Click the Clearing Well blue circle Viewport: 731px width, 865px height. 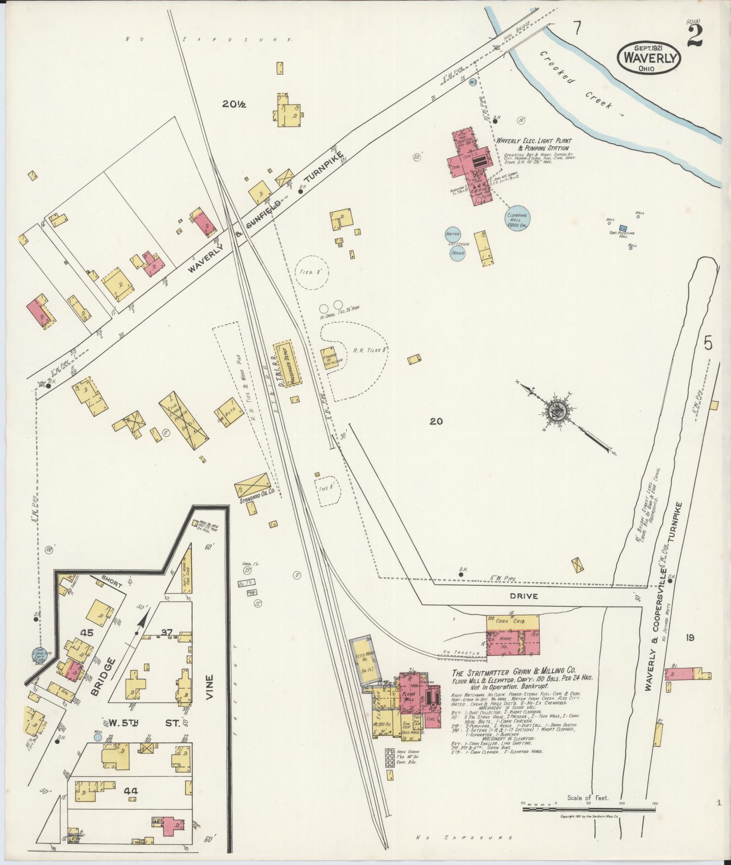[516, 219]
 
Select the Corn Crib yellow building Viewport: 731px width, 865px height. [512, 622]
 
